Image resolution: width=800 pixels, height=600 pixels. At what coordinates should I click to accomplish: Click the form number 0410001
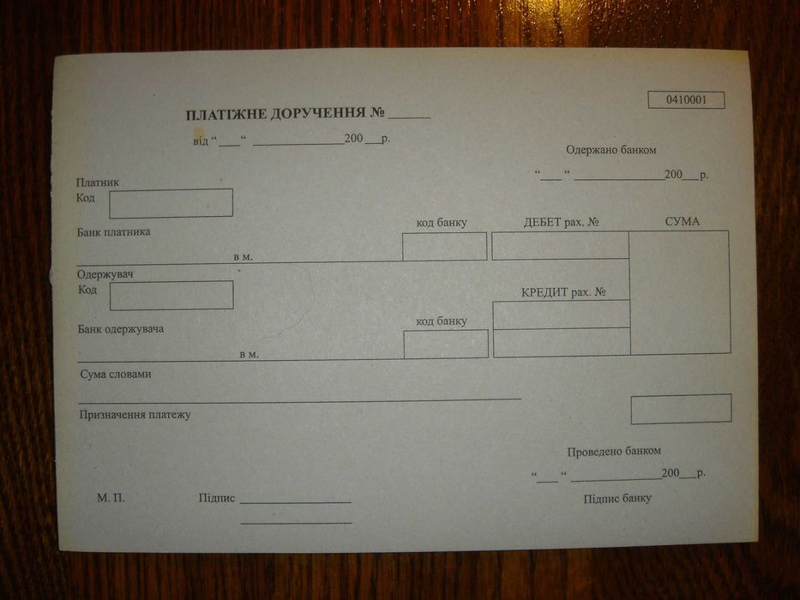pos(686,100)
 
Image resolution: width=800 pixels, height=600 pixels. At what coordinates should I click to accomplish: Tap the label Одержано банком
pos(611,150)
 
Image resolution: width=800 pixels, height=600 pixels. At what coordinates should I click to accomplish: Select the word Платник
pos(97,183)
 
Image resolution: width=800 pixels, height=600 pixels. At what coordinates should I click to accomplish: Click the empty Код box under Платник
pos(171,203)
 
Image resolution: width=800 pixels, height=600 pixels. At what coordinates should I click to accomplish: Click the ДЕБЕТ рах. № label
pos(561,222)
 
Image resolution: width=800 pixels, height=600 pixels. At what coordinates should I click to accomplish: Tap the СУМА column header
pos(682,222)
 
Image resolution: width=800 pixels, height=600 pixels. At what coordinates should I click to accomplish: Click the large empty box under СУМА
pos(679,291)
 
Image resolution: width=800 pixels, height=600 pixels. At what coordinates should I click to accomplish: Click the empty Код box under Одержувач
pos(171,295)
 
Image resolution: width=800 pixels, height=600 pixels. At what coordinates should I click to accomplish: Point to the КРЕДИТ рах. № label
pos(563,292)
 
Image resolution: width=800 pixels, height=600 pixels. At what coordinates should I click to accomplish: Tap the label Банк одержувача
pos(120,329)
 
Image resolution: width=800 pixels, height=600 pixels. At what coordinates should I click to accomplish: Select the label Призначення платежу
pos(135,415)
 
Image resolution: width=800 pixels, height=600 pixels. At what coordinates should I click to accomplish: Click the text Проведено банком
pos(613,452)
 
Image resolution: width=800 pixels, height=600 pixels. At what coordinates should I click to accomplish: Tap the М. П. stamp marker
pos(111,498)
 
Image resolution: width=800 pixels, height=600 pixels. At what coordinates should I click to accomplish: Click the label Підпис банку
pos(617,499)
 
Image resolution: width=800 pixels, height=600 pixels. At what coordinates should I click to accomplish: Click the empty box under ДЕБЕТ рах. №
pos(560,245)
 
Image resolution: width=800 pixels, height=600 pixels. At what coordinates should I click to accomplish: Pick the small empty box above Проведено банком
pos(681,409)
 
